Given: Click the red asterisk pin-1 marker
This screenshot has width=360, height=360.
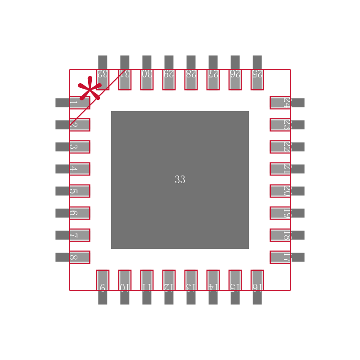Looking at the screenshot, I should point(90,89).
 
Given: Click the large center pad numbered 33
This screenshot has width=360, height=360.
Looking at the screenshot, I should point(180,148).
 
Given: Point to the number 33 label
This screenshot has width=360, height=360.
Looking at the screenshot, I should point(180,180).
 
